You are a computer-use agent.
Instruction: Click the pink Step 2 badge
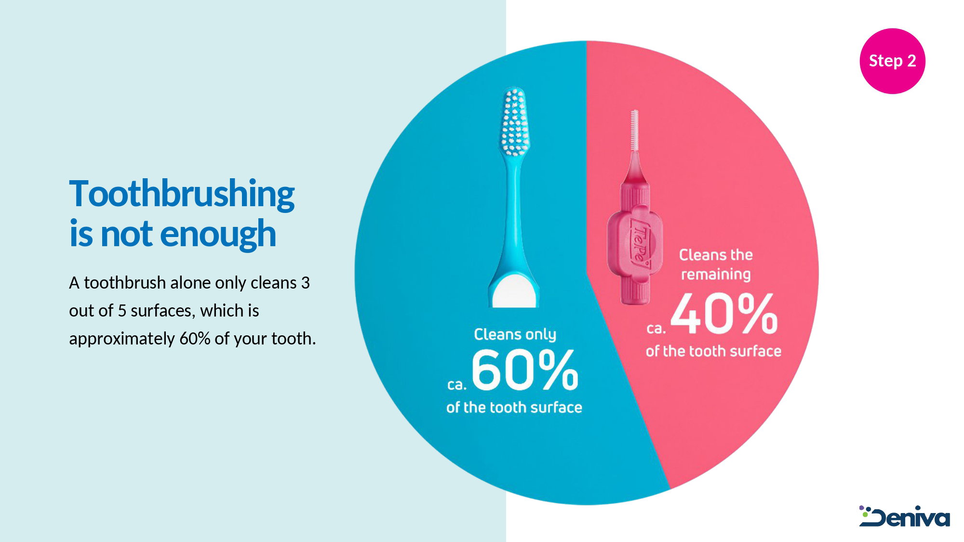point(892,61)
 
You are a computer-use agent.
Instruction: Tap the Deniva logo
point(904,516)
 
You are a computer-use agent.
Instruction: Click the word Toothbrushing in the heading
point(182,194)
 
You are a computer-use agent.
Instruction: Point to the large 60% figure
point(525,370)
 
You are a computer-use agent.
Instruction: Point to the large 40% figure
point(724,314)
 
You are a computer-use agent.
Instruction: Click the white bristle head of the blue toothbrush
point(515,121)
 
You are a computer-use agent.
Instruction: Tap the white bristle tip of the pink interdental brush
point(635,130)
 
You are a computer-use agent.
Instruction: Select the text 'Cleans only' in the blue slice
point(515,334)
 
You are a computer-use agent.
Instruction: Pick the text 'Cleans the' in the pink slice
point(716,255)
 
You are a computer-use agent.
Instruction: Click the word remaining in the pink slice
point(716,275)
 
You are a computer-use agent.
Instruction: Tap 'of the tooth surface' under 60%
point(514,408)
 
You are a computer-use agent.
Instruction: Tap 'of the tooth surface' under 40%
point(713,351)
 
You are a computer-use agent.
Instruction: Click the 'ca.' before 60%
point(457,384)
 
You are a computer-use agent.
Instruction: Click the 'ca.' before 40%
point(656,329)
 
